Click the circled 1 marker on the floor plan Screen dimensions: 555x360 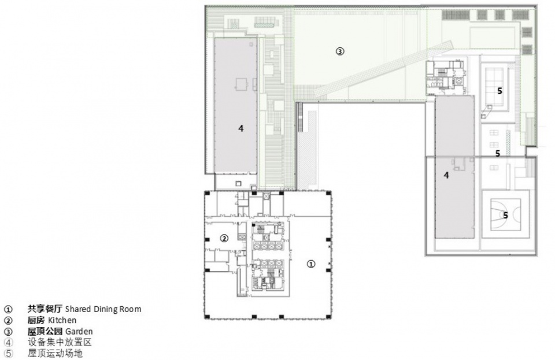(311, 264)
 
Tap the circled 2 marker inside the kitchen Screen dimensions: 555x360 (224, 238)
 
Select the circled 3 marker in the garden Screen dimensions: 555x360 (340, 51)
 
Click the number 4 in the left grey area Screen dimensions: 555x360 (241, 128)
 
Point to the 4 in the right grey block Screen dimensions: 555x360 (446, 175)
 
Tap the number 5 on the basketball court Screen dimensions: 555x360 (505, 215)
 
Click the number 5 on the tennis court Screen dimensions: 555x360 (499, 91)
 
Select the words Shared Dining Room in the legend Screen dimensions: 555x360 (103, 309)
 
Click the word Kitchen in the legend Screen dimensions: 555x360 (62, 320)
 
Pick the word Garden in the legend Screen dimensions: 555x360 (79, 332)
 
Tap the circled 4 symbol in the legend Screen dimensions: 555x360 (8, 343)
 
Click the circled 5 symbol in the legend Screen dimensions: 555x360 (8, 354)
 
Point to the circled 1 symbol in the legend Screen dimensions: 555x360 (8, 309)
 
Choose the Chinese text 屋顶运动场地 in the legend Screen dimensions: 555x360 (55, 353)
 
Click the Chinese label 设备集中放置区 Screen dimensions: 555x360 (60, 342)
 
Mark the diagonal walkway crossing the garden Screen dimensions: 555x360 (384, 68)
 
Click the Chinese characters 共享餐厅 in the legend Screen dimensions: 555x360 (45, 309)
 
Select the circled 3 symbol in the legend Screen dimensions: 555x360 (8, 332)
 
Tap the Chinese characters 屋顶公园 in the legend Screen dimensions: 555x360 (45, 331)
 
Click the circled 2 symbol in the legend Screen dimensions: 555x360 (8, 321)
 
